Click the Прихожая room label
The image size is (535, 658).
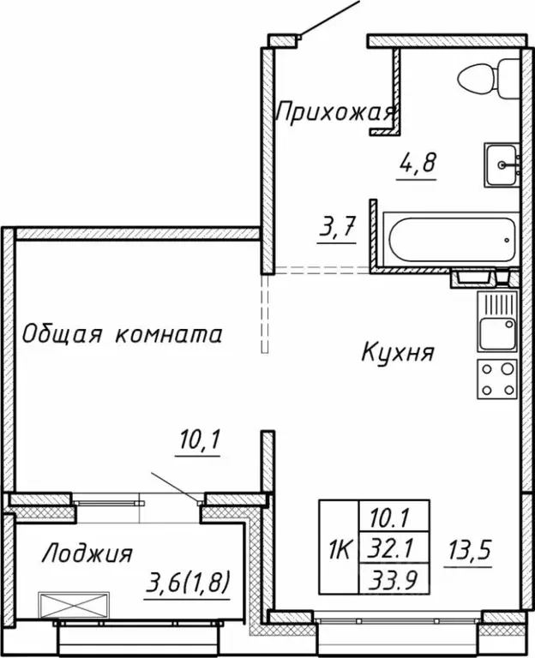click(334, 111)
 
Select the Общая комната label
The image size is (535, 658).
click(122, 333)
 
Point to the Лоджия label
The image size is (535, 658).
click(86, 554)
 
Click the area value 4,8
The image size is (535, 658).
click(418, 163)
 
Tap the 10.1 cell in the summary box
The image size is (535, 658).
click(388, 517)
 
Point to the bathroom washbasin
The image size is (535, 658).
click(502, 164)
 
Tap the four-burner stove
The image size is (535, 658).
click(497, 380)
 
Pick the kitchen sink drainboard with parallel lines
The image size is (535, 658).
click(496, 303)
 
